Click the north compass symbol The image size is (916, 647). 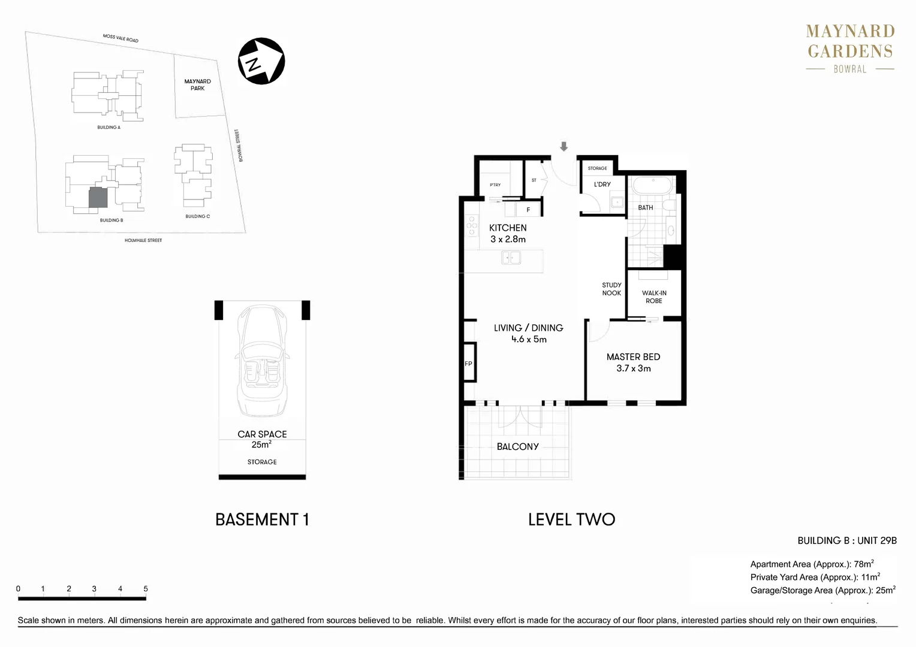point(261,61)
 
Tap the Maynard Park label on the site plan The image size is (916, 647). point(197,84)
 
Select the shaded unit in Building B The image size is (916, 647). point(98,198)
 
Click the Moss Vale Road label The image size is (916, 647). point(120,38)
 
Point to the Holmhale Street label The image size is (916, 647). point(143,240)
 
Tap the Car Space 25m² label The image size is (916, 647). point(262,439)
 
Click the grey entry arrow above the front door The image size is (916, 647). point(564,147)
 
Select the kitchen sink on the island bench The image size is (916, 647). point(511,258)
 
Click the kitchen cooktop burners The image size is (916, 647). point(472,226)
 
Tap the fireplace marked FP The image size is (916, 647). point(469,363)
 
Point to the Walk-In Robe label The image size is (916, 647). point(654,297)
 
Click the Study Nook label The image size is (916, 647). point(611,289)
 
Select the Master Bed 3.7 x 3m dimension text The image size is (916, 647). point(633,368)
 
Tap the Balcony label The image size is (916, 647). point(517,446)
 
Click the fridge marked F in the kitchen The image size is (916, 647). point(528,210)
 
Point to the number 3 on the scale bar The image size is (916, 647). point(94,589)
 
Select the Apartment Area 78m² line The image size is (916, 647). point(812,564)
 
